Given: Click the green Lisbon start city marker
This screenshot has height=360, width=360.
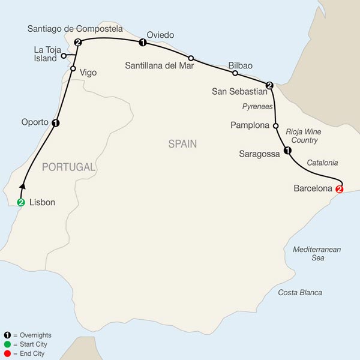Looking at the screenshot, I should (x=21, y=202).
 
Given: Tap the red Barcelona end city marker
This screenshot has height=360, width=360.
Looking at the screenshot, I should (x=340, y=190).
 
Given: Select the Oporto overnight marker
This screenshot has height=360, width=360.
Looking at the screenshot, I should (x=56, y=124).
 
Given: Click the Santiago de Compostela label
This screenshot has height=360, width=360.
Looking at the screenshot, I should (x=75, y=28).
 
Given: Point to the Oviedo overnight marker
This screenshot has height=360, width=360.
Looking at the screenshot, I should (x=142, y=43).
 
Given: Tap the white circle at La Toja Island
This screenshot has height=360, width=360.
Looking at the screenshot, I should (x=64, y=56).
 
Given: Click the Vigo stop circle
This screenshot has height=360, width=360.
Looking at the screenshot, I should (x=73, y=69).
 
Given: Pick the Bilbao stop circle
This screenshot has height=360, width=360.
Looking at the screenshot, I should (x=235, y=74).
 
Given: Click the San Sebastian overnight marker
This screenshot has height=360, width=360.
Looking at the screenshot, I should (x=269, y=85).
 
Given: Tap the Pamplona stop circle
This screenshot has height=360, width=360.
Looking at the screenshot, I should (x=275, y=126).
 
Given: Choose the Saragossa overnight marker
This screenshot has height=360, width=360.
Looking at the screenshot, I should (x=287, y=151).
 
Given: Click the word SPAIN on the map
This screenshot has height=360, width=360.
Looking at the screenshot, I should (x=182, y=144).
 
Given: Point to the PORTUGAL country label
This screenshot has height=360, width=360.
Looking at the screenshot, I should (x=69, y=167).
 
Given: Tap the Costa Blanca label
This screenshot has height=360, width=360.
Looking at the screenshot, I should (x=300, y=292).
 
